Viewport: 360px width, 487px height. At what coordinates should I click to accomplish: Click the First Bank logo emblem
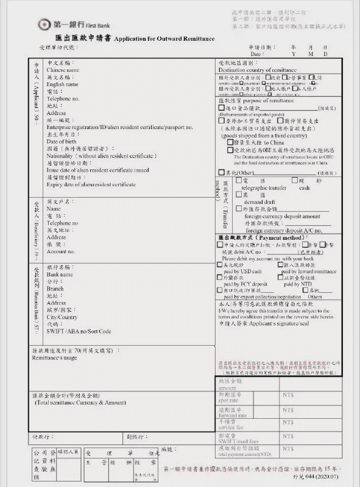[45, 24]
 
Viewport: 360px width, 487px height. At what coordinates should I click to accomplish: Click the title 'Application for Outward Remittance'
[164, 38]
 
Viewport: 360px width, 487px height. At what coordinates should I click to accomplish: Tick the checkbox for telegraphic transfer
[237, 181]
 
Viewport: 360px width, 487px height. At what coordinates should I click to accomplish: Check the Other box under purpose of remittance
[221, 173]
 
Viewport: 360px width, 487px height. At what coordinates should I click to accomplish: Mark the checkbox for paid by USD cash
[220, 265]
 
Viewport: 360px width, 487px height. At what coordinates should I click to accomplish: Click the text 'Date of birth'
[62, 141]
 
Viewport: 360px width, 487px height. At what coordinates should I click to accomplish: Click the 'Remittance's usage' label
[54, 358]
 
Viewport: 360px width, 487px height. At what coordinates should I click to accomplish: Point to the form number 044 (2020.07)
[326, 478]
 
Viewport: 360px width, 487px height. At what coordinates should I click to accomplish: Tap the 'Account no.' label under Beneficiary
[61, 251]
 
